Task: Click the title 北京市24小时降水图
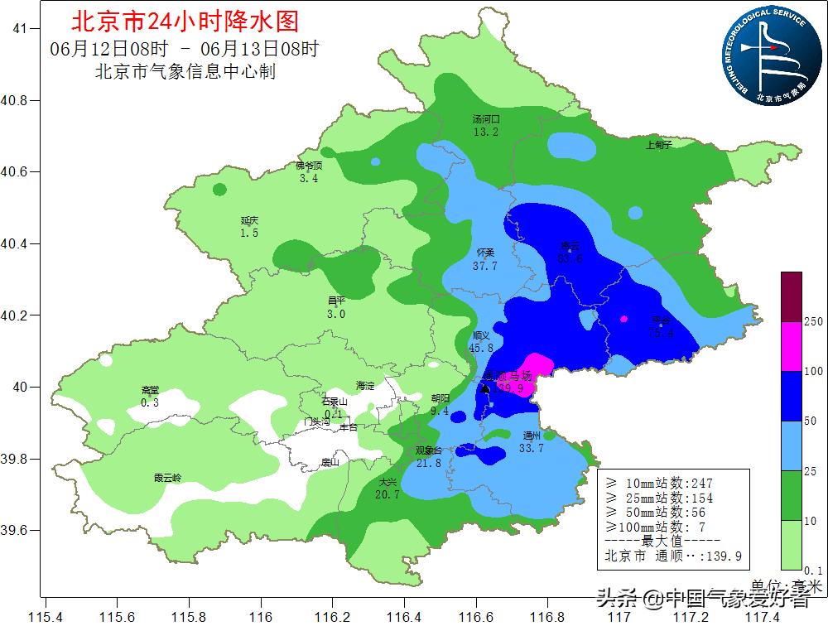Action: (x=185, y=20)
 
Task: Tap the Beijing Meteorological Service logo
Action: (x=769, y=54)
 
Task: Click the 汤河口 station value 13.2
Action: (x=486, y=132)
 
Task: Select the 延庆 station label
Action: (x=250, y=220)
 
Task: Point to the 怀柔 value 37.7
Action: (x=485, y=266)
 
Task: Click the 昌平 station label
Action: (x=335, y=301)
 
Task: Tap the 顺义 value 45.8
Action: (x=481, y=348)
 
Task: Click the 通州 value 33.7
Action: (x=531, y=448)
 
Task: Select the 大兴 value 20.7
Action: (x=388, y=494)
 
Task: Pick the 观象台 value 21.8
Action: (x=428, y=463)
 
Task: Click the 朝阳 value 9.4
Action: (x=440, y=410)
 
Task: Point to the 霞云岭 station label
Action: (x=167, y=477)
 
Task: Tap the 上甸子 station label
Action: (x=658, y=145)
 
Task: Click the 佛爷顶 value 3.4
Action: (x=308, y=178)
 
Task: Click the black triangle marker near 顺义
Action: (x=485, y=388)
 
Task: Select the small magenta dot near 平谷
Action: (x=624, y=319)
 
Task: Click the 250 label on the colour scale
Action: (x=813, y=321)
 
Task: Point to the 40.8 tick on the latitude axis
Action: (x=16, y=100)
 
